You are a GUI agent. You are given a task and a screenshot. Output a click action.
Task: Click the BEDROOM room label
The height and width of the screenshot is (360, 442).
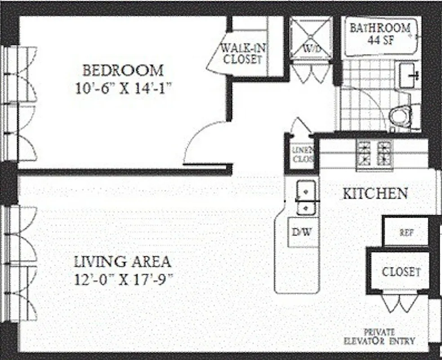tap(123, 71)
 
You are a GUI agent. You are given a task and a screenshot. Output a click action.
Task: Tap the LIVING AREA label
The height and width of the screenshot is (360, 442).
tap(122, 261)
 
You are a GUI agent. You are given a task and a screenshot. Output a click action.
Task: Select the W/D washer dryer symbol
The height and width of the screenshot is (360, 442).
tap(311, 38)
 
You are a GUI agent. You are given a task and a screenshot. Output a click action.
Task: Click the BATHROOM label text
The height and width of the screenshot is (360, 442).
tap(380, 28)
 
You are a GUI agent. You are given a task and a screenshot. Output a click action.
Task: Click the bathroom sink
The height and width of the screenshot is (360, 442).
tap(409, 75)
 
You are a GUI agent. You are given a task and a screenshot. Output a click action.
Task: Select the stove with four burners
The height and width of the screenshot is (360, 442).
tap(374, 153)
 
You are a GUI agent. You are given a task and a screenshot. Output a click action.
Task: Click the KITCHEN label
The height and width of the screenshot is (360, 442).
tap(375, 194)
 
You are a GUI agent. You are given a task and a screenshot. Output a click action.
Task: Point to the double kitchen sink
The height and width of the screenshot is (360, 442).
tap(305, 197)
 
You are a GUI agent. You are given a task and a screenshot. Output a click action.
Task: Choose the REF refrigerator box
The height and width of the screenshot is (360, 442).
tap(406, 232)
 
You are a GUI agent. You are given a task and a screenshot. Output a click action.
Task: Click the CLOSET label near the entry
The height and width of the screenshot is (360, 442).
tap(401, 272)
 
